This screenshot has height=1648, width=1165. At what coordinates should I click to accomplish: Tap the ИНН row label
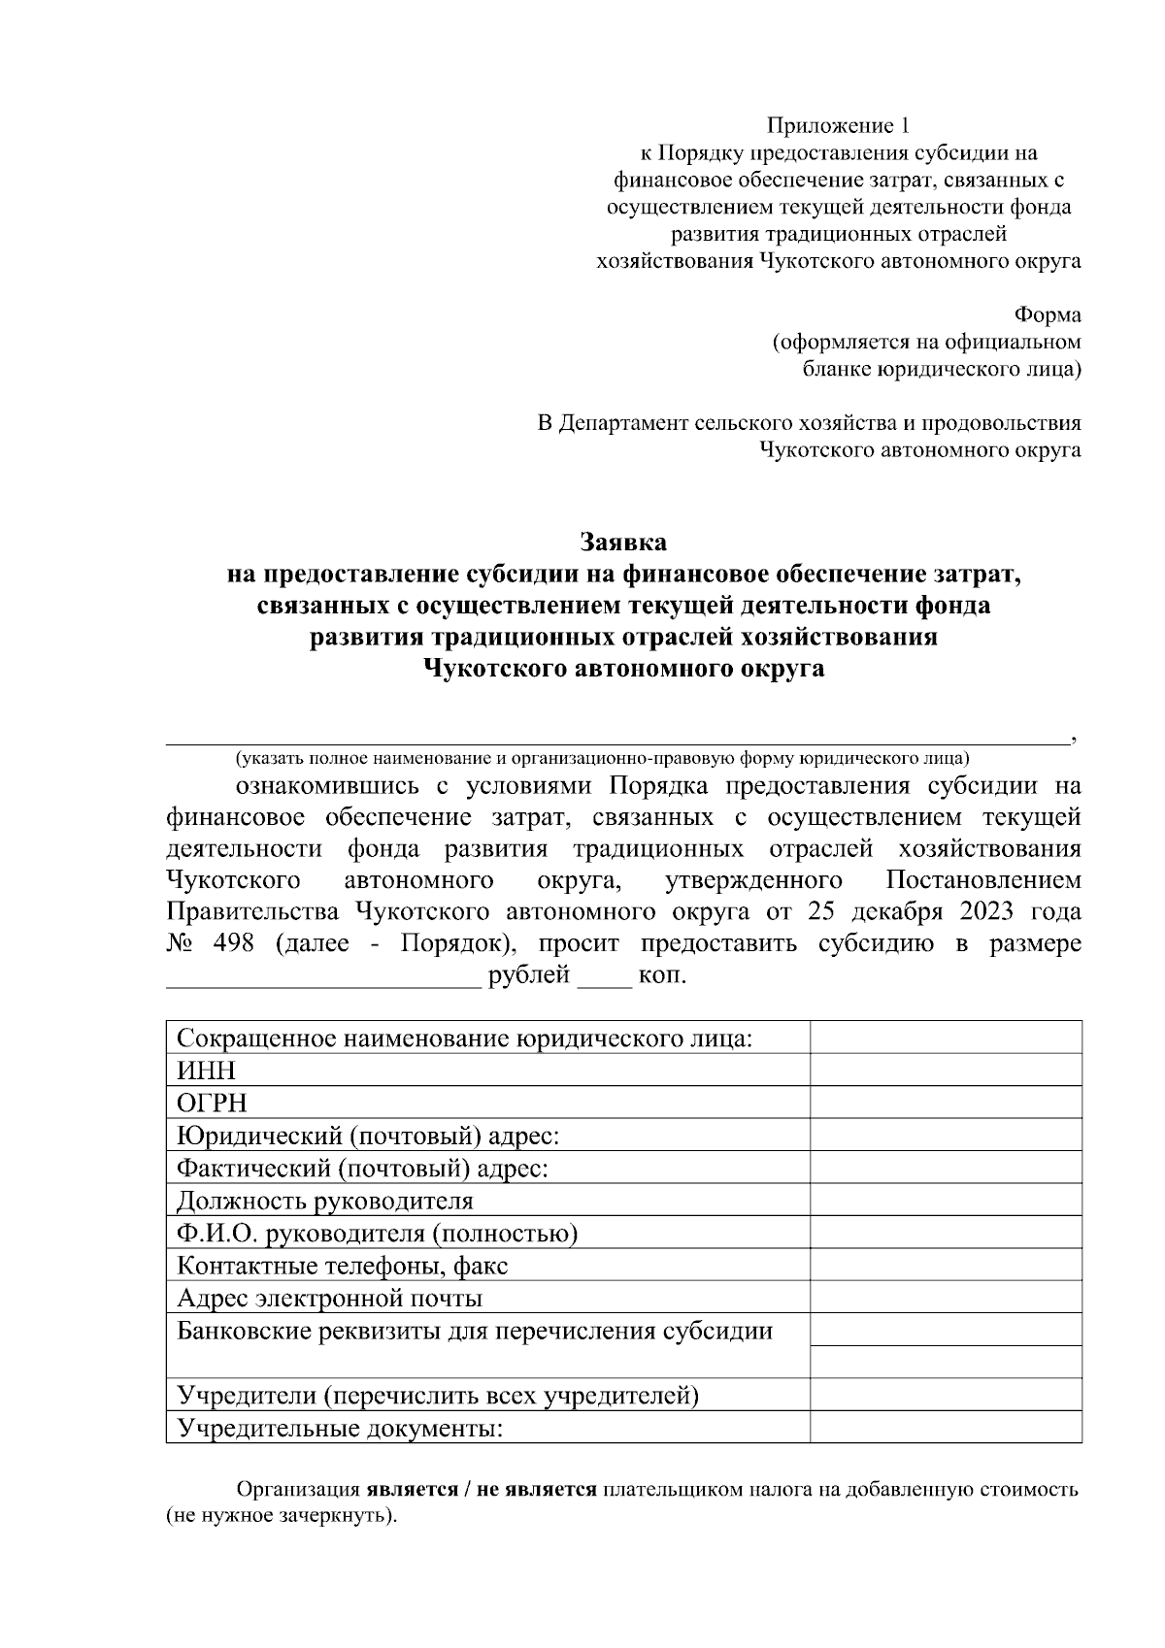[x=206, y=1071]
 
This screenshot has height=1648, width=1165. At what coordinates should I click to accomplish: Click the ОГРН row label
[x=212, y=1104]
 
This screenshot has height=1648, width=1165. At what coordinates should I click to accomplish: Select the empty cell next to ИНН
[x=946, y=1071]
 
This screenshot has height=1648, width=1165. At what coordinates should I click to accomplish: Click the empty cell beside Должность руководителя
[x=946, y=1201]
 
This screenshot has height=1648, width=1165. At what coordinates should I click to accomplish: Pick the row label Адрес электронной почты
[x=329, y=1299]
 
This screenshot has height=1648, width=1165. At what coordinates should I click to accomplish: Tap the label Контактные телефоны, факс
[x=342, y=1266]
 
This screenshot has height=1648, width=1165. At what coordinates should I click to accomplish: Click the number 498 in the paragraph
[x=232, y=944]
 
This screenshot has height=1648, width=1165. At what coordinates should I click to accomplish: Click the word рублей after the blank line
[x=529, y=975]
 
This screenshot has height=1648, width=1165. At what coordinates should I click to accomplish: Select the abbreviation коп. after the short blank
[x=662, y=975]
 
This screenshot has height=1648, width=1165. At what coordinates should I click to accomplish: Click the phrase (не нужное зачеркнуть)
[x=283, y=1515]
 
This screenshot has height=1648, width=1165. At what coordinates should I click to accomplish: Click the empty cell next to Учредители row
[x=946, y=1396]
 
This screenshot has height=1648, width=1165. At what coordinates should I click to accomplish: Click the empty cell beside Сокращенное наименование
[x=946, y=1038]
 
